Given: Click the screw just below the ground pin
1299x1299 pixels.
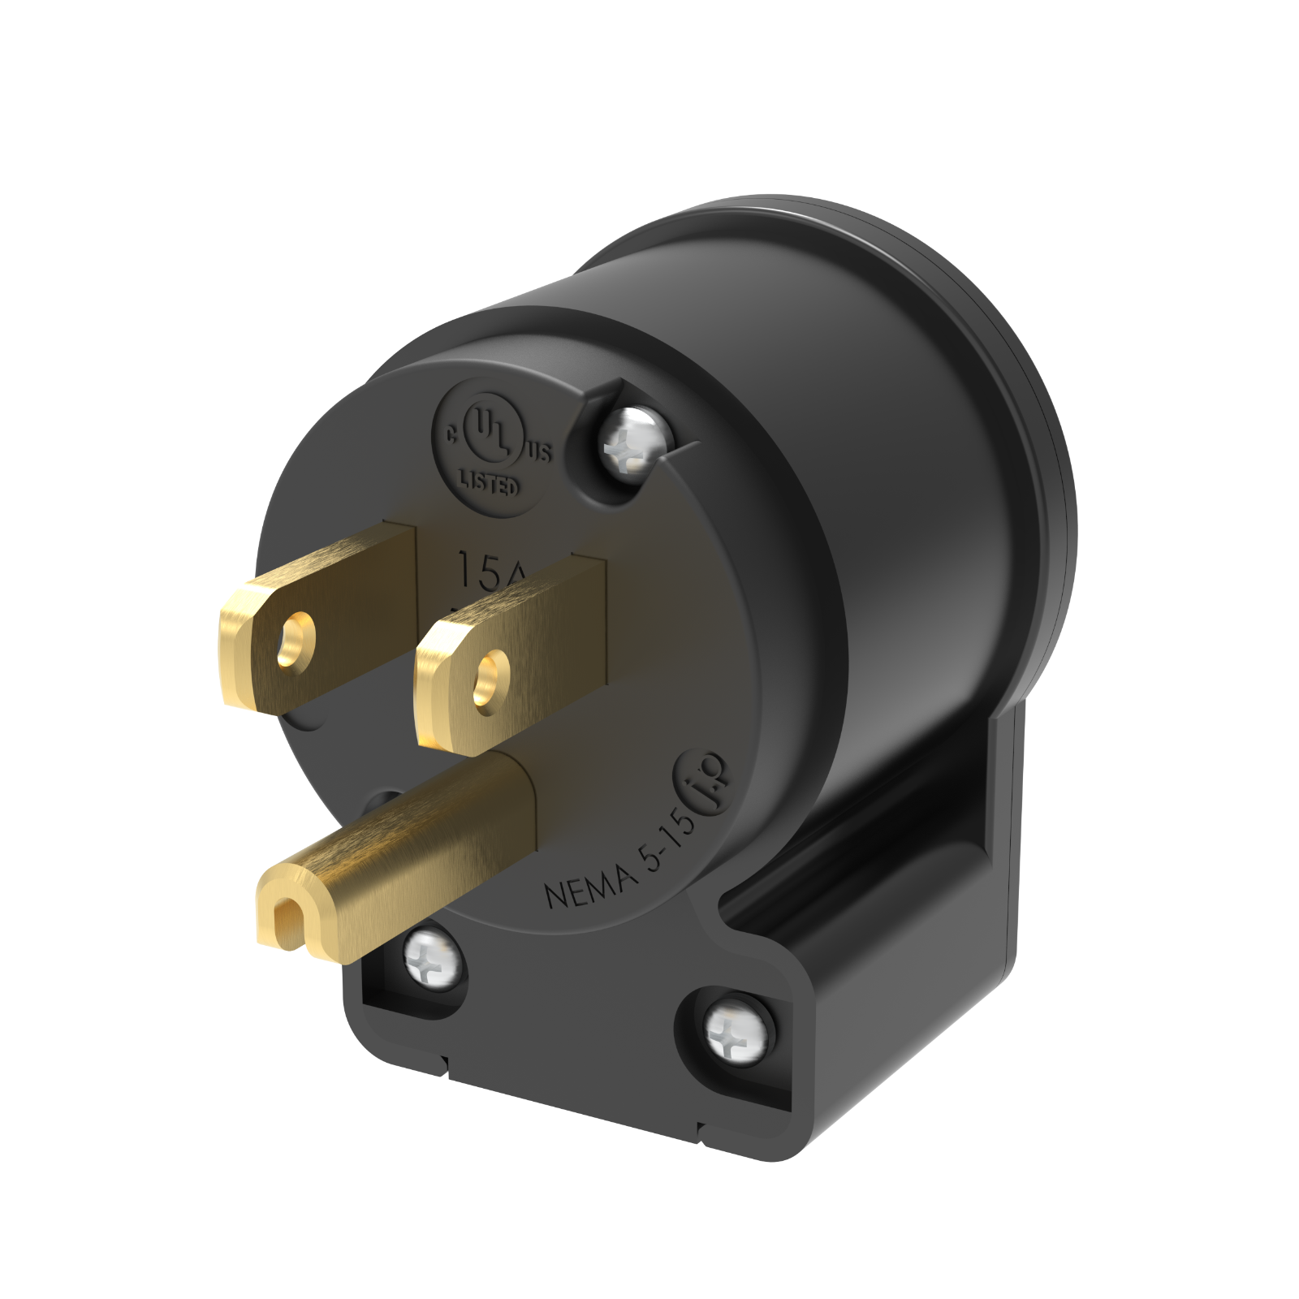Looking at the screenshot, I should click(x=434, y=958).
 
